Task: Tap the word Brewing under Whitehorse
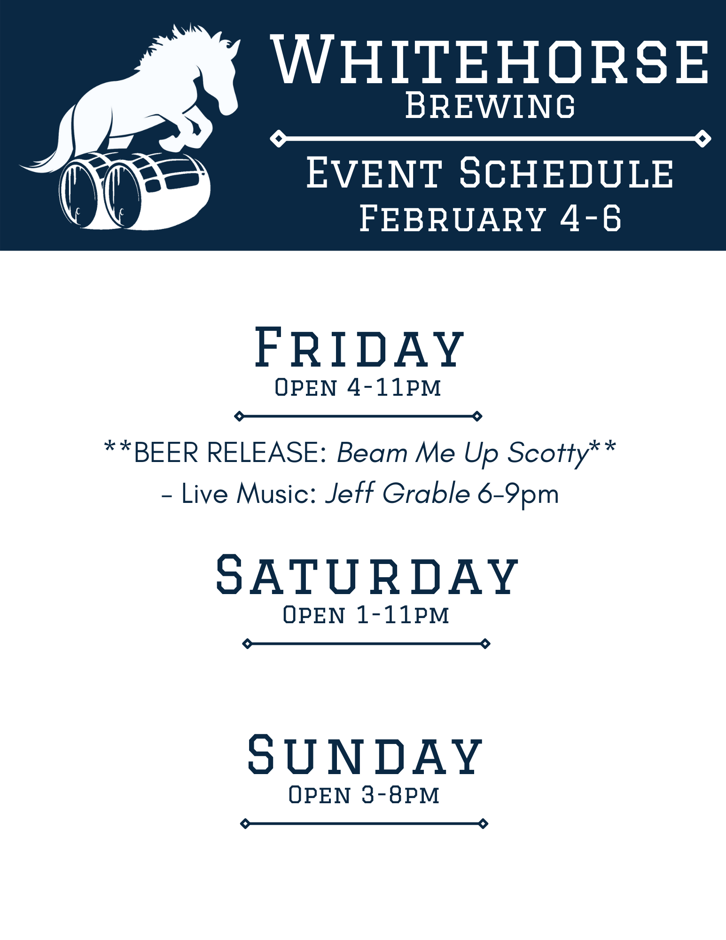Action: coord(490,105)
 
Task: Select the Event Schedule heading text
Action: coord(490,173)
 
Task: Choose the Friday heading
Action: coord(359,348)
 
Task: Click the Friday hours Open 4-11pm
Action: coord(358,387)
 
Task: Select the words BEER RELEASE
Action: coord(230,453)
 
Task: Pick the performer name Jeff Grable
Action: coord(397,493)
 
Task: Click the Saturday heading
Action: coord(367,575)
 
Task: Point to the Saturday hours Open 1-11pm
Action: coord(366,615)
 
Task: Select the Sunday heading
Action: coord(365,755)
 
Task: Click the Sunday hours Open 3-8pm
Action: coord(364,795)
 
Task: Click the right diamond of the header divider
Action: coord(703,139)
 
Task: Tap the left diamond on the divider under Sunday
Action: coord(245,823)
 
